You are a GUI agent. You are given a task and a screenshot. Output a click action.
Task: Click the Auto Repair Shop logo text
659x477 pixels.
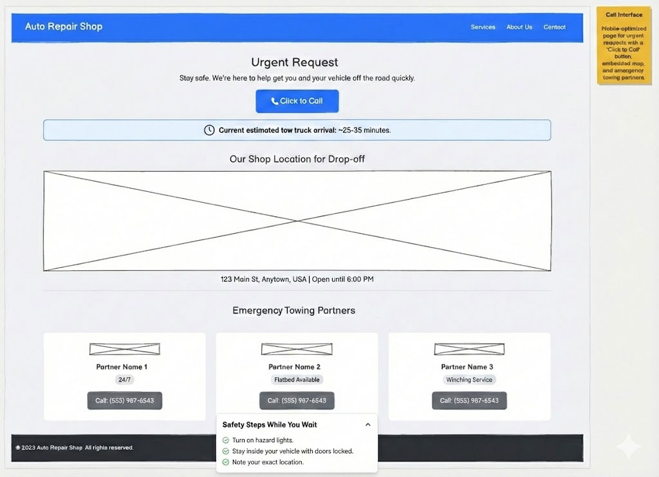(x=64, y=26)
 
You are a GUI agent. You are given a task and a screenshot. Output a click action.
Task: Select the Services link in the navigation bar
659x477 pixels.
(x=483, y=27)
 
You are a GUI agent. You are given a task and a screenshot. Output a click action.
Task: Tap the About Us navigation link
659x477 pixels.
(x=519, y=27)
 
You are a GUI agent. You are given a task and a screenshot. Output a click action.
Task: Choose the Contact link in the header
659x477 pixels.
(x=554, y=27)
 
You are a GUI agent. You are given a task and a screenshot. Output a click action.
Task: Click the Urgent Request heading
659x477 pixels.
(x=295, y=62)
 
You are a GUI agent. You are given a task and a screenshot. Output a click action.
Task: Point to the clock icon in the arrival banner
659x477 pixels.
(x=209, y=130)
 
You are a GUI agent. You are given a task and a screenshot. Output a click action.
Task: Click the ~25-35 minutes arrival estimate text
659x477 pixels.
(x=364, y=130)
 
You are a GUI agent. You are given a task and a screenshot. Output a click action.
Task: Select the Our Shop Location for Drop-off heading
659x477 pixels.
(x=297, y=159)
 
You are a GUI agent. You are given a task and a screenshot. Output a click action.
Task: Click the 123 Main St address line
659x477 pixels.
(x=297, y=279)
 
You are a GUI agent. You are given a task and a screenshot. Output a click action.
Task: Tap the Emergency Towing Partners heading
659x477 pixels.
(x=293, y=310)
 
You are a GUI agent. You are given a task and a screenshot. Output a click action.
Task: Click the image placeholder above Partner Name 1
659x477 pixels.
(x=124, y=349)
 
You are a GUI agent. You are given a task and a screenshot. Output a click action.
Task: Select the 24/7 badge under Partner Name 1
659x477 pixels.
(x=124, y=380)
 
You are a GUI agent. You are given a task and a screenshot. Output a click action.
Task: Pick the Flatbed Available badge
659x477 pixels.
(x=297, y=380)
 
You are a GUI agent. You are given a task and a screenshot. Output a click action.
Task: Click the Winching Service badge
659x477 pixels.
(x=469, y=380)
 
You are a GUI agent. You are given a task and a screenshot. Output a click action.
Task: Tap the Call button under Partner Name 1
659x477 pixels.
(x=124, y=400)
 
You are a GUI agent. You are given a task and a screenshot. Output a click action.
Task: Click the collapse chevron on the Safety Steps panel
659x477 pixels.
(x=367, y=425)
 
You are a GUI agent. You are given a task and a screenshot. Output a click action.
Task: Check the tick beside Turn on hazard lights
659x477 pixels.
(x=225, y=440)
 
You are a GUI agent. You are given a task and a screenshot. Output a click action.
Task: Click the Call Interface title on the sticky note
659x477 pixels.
(x=624, y=15)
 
